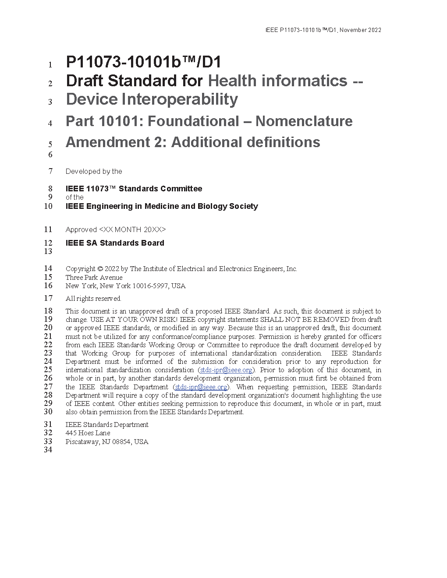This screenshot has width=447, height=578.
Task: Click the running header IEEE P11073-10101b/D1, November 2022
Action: click(323, 30)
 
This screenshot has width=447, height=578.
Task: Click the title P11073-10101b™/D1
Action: click(143, 62)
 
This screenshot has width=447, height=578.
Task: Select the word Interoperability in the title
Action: click(180, 99)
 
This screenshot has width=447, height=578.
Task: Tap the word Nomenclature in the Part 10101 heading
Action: click(304, 121)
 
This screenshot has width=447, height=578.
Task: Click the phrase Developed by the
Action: click(94, 172)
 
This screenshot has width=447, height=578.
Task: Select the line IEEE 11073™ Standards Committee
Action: click(134, 189)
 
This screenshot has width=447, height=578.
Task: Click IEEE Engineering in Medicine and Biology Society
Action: click(162, 206)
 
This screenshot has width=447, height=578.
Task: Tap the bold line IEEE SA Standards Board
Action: click(115, 243)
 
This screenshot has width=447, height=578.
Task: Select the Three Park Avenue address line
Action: click(94, 278)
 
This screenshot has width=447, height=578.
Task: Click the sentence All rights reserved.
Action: click(93, 299)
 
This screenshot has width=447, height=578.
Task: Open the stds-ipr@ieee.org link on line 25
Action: click(226, 370)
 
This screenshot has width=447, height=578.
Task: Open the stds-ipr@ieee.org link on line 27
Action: click(201, 387)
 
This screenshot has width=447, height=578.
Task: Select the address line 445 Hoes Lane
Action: click(88, 433)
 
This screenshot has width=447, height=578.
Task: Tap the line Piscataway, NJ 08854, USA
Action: click(107, 442)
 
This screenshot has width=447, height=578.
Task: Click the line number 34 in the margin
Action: click(48, 450)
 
